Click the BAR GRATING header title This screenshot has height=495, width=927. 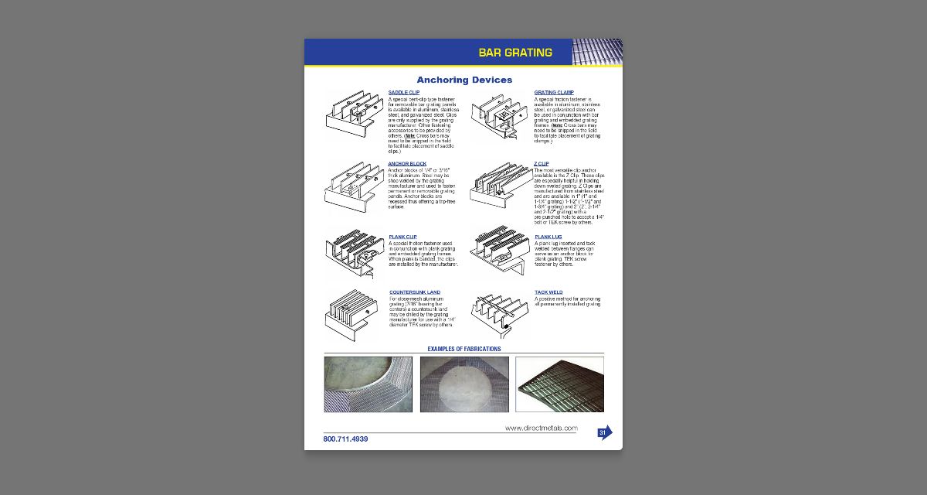tap(515, 53)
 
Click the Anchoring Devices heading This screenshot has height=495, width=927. tap(464, 80)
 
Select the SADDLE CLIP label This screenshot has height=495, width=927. tap(404, 93)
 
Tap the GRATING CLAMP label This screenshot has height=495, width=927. tap(554, 93)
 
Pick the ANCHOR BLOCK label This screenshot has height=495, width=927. tap(407, 164)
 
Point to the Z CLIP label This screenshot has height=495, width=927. tap(542, 164)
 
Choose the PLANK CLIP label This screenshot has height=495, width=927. tap(403, 237)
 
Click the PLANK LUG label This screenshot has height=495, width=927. tap(548, 237)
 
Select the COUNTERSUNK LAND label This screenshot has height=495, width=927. tap(415, 292)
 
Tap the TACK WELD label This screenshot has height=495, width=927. tap(548, 292)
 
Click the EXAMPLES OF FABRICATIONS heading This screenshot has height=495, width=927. tap(464, 349)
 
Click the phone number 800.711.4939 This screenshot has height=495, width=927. tap(345, 439)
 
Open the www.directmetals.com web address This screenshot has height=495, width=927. tap(541, 428)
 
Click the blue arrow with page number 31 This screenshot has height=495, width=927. tap(604, 432)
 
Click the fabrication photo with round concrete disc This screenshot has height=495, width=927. tap(464, 384)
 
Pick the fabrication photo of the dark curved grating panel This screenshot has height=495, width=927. tap(559, 384)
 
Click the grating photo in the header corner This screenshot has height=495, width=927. tap(597, 52)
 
